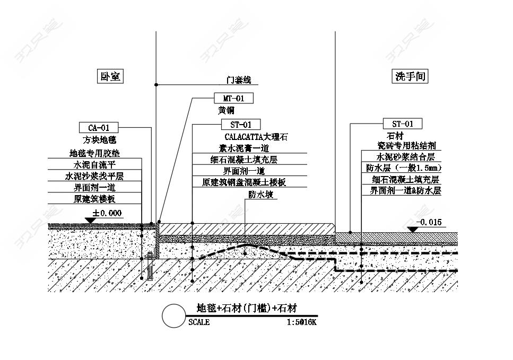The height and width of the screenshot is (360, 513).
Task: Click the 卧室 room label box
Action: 110,76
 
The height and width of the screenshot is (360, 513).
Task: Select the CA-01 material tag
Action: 99,127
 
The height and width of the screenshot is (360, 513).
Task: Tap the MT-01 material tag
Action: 233,98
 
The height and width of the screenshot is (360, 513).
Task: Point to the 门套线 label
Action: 238,81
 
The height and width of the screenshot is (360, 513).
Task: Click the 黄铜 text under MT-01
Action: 226,111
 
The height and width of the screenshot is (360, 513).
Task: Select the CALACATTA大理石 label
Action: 256,137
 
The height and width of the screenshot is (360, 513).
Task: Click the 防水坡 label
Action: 260,195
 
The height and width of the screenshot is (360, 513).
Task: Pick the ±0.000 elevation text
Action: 107,213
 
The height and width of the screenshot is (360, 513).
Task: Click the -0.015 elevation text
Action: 429,222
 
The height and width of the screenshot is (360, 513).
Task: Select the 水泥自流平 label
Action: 94,165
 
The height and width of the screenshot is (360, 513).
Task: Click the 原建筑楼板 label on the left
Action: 94,199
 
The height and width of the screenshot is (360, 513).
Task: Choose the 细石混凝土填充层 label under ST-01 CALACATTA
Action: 244,159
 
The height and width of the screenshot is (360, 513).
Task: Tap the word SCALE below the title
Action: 199,322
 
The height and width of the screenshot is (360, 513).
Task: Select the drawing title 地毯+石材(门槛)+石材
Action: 246,308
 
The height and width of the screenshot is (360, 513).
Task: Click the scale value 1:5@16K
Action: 301,322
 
